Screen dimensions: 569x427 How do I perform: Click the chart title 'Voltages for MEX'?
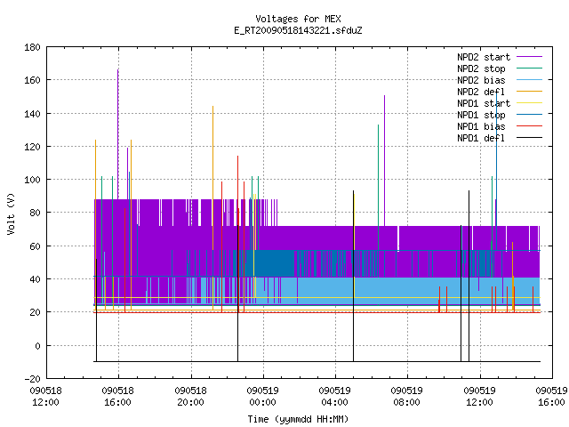click(x=298, y=19)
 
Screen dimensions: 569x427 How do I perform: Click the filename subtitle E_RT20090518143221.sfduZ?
click(x=298, y=30)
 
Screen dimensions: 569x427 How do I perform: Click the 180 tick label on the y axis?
click(x=32, y=47)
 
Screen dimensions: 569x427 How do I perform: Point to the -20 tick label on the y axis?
click(x=32, y=379)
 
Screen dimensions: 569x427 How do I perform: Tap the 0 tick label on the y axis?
click(x=37, y=346)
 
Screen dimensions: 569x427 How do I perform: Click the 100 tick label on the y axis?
click(x=32, y=180)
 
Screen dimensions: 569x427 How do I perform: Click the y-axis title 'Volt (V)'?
click(x=12, y=213)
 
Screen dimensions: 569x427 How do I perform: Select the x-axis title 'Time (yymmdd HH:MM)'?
click(x=298, y=419)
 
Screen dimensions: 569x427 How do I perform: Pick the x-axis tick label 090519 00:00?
click(x=263, y=397)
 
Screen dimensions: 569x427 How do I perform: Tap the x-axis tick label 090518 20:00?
click(x=190, y=397)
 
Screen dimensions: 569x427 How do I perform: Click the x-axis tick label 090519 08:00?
click(x=407, y=397)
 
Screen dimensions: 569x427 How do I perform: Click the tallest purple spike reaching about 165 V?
click(x=118, y=134)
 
